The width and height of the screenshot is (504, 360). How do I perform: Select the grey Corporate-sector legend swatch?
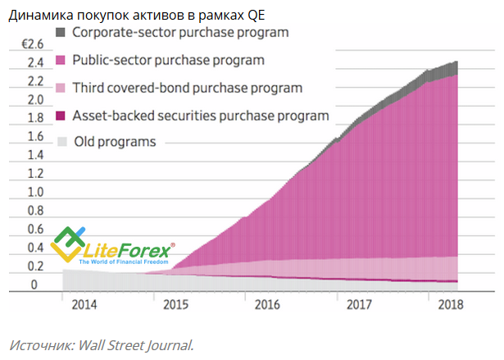(61, 33)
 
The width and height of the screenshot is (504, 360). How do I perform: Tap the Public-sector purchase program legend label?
(168, 60)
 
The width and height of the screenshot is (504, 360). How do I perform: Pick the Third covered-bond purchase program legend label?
(188, 87)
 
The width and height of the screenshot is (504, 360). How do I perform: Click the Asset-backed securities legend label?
(201, 115)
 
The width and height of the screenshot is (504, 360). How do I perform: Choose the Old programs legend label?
(115, 141)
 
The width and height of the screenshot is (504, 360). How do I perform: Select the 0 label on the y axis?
(34, 285)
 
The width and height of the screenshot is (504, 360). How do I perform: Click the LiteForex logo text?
(133, 247)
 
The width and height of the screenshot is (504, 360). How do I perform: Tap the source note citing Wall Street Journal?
(101, 344)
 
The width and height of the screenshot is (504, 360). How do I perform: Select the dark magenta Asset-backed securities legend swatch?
(61, 115)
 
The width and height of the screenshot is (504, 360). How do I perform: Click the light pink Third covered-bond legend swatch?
(61, 88)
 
